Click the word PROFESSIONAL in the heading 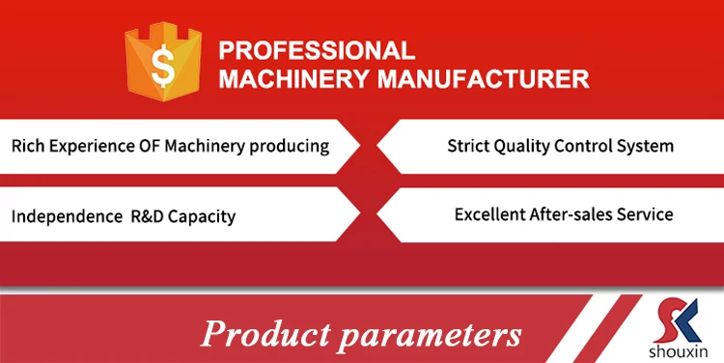tap(317, 50)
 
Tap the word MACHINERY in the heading tap(294, 79)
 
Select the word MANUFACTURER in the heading tap(484, 79)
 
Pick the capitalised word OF tap(150, 146)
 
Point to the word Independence tap(67, 216)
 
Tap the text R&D tap(148, 216)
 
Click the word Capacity tap(202, 217)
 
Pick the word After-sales tap(571, 214)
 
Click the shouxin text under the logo tap(678, 351)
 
